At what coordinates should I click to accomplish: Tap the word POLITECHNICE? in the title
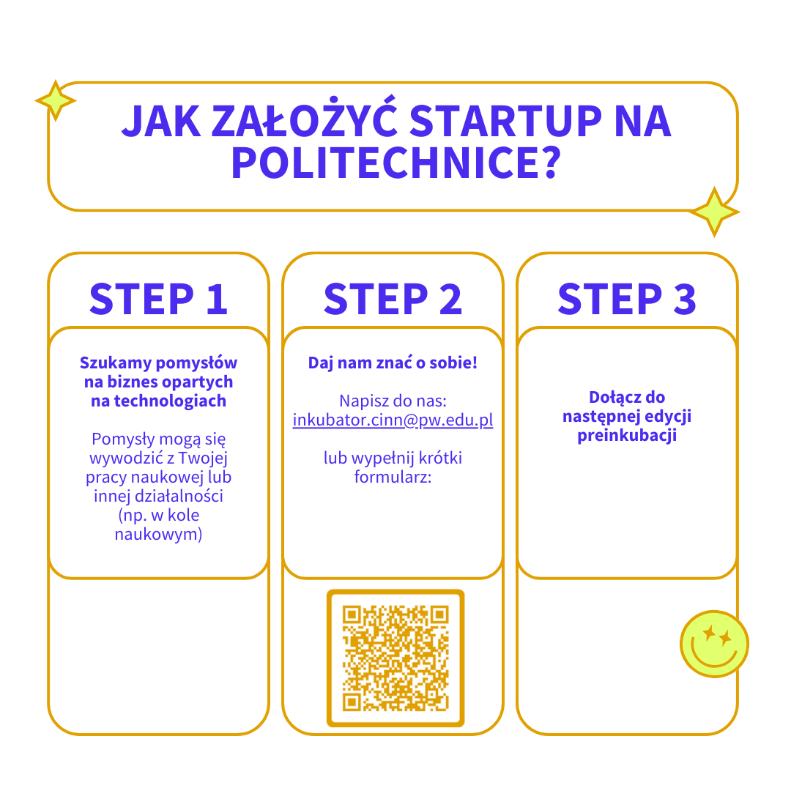pos(396,163)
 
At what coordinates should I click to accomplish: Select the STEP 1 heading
pos(158,299)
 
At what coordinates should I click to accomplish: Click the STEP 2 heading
pos(393,299)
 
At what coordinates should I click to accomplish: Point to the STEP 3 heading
pos(627,299)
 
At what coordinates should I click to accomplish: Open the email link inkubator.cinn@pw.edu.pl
pos(393,420)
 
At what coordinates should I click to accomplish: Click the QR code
pos(395,658)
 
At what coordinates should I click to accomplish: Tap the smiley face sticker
pos(714,644)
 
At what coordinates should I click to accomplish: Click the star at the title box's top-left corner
pos(56,100)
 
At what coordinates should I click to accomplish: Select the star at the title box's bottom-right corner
pos(714,212)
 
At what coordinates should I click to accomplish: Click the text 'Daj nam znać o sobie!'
pos(393,363)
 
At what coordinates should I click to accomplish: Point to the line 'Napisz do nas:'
pos(393,401)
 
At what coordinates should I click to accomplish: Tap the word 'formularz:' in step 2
pos(393,477)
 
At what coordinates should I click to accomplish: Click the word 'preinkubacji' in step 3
pos(627,435)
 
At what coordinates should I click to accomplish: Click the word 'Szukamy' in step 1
pos(116,363)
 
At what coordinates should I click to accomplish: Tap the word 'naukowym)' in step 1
pos(158,534)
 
